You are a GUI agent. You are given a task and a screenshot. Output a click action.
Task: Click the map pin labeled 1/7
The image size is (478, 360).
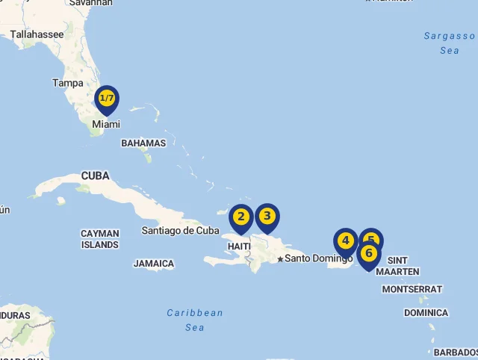[108, 99]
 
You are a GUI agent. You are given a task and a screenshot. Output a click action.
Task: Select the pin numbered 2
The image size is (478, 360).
[240, 217]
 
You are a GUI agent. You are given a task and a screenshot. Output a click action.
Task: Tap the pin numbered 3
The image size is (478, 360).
[267, 217]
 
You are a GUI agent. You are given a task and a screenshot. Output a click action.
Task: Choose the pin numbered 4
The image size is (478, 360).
[345, 241]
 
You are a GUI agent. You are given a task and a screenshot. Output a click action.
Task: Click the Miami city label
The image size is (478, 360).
[105, 125]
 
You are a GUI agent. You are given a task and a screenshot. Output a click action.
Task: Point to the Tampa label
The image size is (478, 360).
[67, 83]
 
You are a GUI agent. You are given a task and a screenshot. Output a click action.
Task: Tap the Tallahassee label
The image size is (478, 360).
[37, 34]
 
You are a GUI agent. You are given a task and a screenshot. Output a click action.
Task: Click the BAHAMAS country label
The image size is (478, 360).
[143, 143]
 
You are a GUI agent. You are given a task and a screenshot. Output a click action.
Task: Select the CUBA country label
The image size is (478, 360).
[95, 176]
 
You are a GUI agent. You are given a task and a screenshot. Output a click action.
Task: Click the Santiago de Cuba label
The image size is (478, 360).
[181, 231]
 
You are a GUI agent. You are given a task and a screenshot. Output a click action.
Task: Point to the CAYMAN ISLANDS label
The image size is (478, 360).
[100, 239]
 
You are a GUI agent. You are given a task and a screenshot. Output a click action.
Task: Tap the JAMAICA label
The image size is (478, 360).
[154, 264]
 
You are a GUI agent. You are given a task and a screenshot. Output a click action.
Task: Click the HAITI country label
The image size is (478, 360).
[239, 246]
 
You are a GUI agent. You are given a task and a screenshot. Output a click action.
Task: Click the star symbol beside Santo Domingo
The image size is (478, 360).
[280, 259]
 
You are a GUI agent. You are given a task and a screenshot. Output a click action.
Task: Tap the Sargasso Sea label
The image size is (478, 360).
[449, 43]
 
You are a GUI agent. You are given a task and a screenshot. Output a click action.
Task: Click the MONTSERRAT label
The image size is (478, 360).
[412, 289]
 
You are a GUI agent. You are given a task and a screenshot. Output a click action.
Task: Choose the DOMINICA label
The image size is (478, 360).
[426, 313]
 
